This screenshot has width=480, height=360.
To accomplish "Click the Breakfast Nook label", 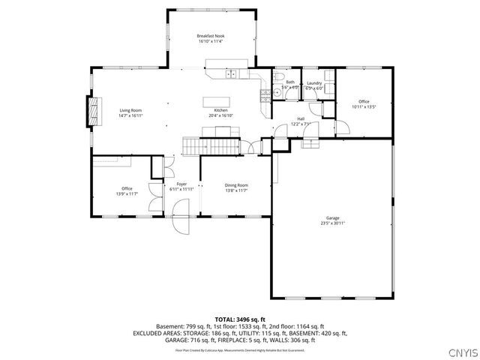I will tap(211, 38).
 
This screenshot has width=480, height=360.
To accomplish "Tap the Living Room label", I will tap(130, 113).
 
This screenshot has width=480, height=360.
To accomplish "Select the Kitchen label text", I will tap(220, 110).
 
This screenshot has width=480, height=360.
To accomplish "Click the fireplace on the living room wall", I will tap(93, 110).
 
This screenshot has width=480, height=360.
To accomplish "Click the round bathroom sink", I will tap(277, 93).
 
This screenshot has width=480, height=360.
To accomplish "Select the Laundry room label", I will tap(313, 85).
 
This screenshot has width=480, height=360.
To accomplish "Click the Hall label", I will tap(301, 120).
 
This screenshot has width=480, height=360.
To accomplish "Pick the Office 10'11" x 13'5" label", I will tap(363, 103).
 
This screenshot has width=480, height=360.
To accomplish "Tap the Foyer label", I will tap(181, 186).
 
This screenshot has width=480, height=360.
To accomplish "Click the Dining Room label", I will tap(236, 187).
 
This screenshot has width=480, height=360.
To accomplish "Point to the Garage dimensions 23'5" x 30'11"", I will tap(332, 223).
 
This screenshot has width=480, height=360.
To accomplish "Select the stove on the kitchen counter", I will tap(264, 94).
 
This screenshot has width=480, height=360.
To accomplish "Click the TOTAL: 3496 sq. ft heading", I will tap(240, 319).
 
